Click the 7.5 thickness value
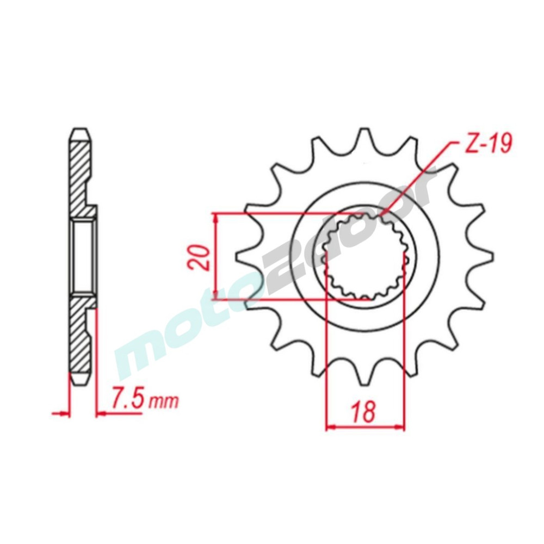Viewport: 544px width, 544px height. [x=127, y=400]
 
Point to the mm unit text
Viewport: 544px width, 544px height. [x=164, y=402]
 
